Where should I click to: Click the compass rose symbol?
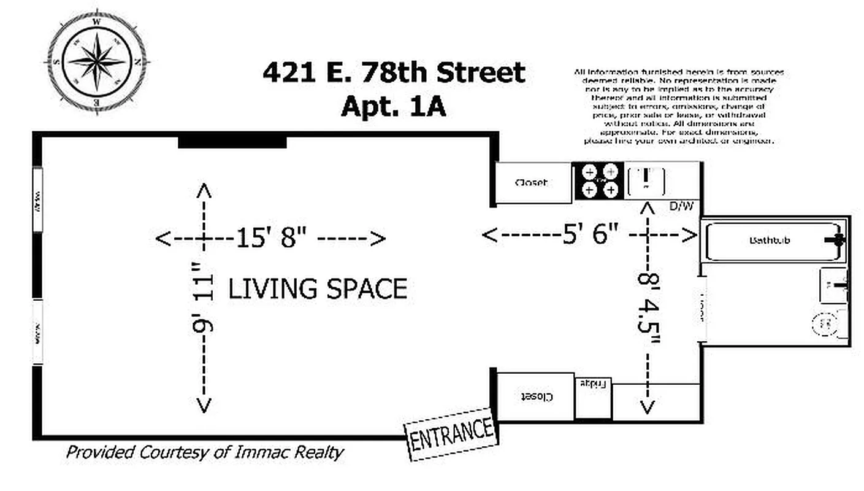tap(96, 60)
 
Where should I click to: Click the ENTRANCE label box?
tap(451, 433)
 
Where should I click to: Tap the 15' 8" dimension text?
tap(271, 238)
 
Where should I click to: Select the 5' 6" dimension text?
tap(591, 235)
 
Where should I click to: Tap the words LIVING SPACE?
tap(318, 289)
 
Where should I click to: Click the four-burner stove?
tap(598, 181)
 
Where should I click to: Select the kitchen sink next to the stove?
tap(646, 180)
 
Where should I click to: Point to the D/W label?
tap(681, 206)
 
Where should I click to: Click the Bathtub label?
tap(769, 240)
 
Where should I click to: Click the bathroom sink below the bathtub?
tap(833, 285)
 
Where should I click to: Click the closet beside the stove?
tap(532, 182)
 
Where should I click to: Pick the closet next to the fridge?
tap(535, 397)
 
